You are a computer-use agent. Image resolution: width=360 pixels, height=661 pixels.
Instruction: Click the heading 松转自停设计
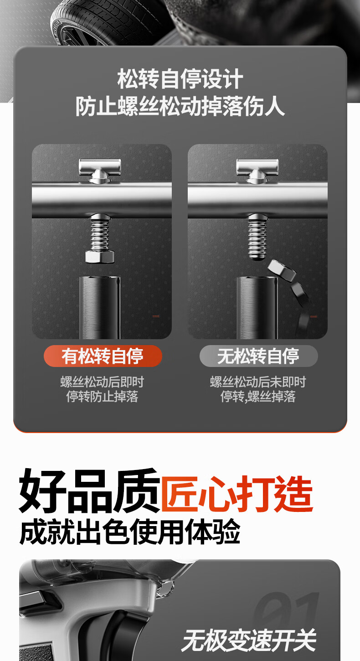click(180, 79)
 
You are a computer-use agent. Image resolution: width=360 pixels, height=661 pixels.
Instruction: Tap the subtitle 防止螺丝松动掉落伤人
click(180, 107)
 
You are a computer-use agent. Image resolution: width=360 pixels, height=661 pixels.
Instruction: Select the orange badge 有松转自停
click(103, 356)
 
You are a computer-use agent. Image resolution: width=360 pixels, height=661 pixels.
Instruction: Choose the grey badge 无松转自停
click(258, 356)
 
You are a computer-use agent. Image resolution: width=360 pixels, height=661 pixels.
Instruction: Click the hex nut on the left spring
click(99, 256)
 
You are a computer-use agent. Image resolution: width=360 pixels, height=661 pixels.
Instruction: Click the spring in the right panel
click(257, 237)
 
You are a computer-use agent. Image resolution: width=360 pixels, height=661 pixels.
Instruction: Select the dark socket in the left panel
click(99, 306)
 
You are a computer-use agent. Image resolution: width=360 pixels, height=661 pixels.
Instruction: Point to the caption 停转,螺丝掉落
click(258, 397)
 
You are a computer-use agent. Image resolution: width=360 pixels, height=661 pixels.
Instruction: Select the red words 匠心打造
click(237, 493)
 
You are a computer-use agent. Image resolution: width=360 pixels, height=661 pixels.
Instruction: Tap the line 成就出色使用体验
click(130, 532)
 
